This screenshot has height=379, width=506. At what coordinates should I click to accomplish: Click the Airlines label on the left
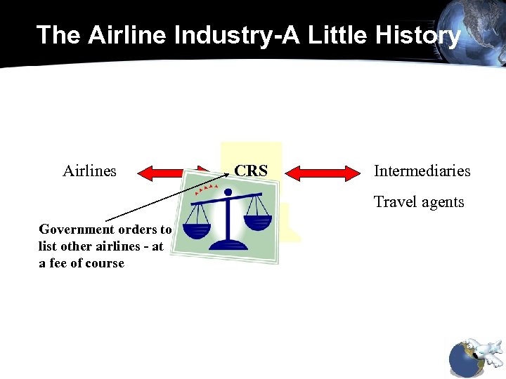coord(89,171)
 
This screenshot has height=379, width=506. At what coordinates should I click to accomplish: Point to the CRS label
coord(251,171)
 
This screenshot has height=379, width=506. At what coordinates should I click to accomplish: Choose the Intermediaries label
coord(422,171)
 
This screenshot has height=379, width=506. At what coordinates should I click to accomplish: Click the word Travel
coord(396,202)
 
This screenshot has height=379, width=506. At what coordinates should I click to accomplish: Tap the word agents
coord(443,202)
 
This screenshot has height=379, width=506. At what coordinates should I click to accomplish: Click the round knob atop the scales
coord(227,192)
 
